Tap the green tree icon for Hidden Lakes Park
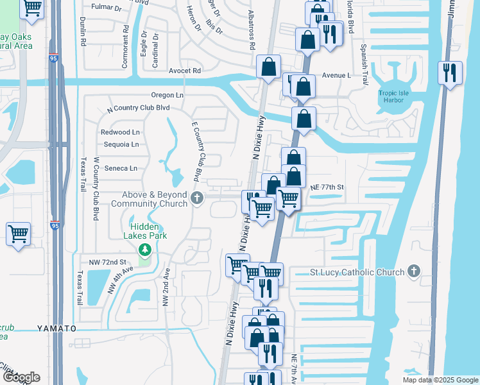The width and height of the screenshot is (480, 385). tap(146, 249)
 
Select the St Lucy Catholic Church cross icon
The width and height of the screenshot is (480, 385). tap(415, 271)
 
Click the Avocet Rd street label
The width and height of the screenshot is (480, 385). tap(185, 71)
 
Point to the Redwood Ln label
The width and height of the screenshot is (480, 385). tap(120, 132)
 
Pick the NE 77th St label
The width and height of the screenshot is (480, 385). tap(327, 187)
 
